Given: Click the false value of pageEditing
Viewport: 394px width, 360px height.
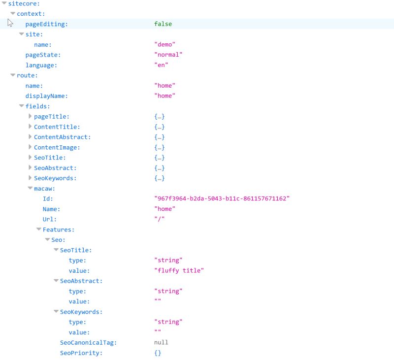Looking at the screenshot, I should click(x=163, y=24).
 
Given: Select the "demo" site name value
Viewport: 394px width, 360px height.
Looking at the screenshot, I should click(x=164, y=44).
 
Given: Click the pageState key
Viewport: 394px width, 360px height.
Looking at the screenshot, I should click(x=43, y=55).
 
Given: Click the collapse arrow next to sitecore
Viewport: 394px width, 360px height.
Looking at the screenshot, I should click(x=4, y=3).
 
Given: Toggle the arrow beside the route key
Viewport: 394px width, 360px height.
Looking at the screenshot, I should click(x=13, y=75).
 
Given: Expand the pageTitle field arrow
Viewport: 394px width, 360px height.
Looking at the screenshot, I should click(x=30, y=116).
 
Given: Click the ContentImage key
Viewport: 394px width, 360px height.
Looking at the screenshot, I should click(x=57, y=147).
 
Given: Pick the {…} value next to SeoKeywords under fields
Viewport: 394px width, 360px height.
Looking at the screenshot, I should click(x=159, y=178).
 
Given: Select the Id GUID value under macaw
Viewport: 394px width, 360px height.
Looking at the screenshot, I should click(x=222, y=198).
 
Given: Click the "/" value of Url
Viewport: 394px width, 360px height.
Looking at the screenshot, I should click(x=159, y=219).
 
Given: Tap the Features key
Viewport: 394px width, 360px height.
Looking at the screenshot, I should click(x=58, y=229).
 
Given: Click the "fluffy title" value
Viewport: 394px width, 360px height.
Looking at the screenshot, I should click(x=179, y=270).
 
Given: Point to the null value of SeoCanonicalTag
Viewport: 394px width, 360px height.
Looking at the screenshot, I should click(x=161, y=342).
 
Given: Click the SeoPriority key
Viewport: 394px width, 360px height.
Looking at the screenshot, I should click(x=81, y=353).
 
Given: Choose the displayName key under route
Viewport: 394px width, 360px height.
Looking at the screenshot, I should click(x=46, y=96).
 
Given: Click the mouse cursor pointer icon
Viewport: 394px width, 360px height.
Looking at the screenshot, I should click(x=10, y=23).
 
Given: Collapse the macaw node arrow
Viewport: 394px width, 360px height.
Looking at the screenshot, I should click(x=30, y=188).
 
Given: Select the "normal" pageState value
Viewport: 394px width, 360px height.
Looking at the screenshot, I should click(x=168, y=55).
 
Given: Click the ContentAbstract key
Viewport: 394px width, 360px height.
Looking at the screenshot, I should click(x=62, y=137).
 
